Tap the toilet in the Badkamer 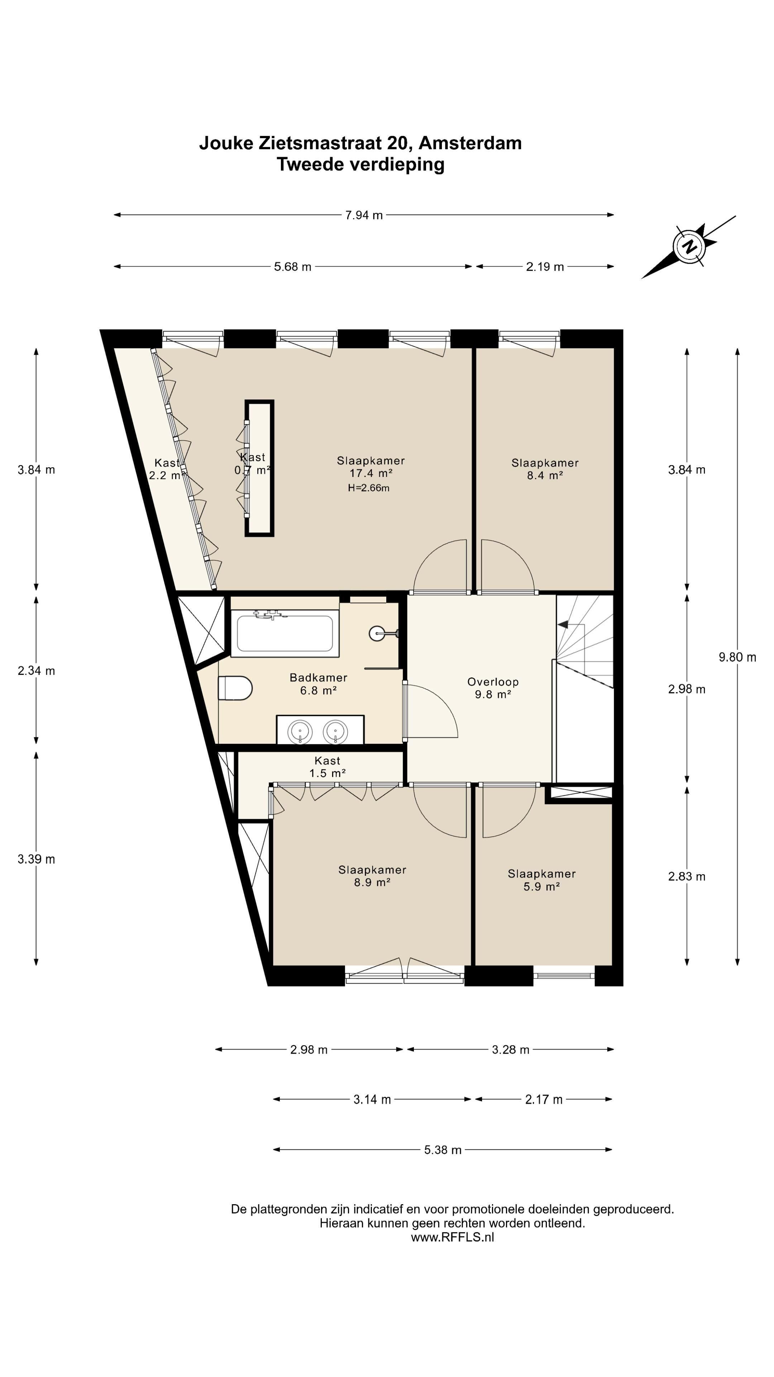(235, 688)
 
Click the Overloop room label (492, 688)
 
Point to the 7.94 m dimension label (364, 216)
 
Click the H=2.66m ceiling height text (369, 488)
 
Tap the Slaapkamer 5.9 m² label (542, 880)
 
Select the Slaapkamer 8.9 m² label (372, 876)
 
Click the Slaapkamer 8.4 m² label (545, 469)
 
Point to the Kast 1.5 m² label (328, 767)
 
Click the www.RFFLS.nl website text (453, 1237)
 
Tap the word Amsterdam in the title (470, 143)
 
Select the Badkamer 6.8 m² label (318, 684)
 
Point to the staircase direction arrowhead (563, 624)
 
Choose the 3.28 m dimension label (511, 1050)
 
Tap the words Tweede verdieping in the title (360, 164)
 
